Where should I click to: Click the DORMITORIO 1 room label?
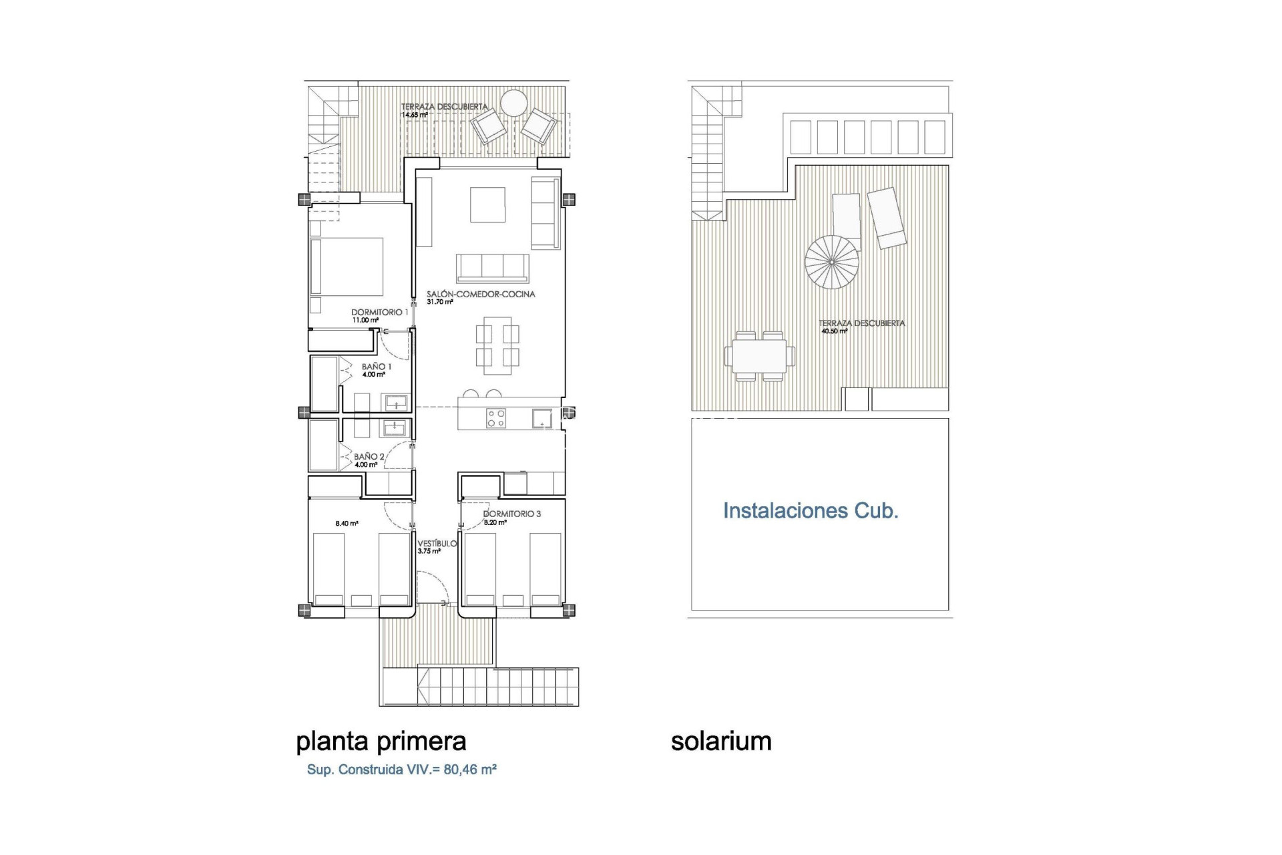(379, 312)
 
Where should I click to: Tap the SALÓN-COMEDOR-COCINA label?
(481, 294)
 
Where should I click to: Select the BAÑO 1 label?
(377, 367)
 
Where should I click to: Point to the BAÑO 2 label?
(369, 457)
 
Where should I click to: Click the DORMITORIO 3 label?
(511, 514)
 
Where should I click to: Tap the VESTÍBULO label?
(437, 544)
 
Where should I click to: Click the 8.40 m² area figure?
(347, 524)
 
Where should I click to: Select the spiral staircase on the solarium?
(832, 263)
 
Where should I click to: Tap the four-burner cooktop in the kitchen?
(495, 418)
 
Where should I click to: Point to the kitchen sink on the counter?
(542, 419)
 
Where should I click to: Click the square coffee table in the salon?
(487, 204)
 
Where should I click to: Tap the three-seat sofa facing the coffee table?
(493, 268)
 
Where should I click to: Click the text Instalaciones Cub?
(811, 511)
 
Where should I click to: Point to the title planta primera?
(381, 741)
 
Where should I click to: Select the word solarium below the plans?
(721, 741)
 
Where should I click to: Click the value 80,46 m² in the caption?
(470, 769)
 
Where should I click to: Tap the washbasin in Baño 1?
(394, 403)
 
